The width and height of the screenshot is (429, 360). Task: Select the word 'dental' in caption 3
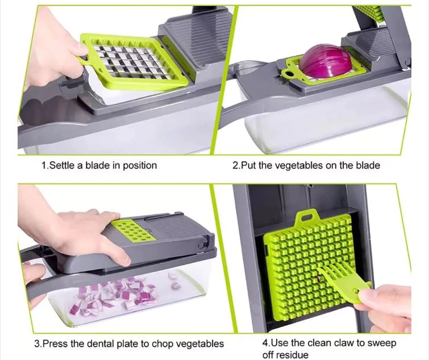[x=99, y=344]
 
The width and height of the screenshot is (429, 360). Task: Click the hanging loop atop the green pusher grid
[x=307, y=216]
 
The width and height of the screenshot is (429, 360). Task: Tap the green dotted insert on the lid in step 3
[x=133, y=231]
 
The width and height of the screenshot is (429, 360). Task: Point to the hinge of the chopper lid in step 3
[x=203, y=242]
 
